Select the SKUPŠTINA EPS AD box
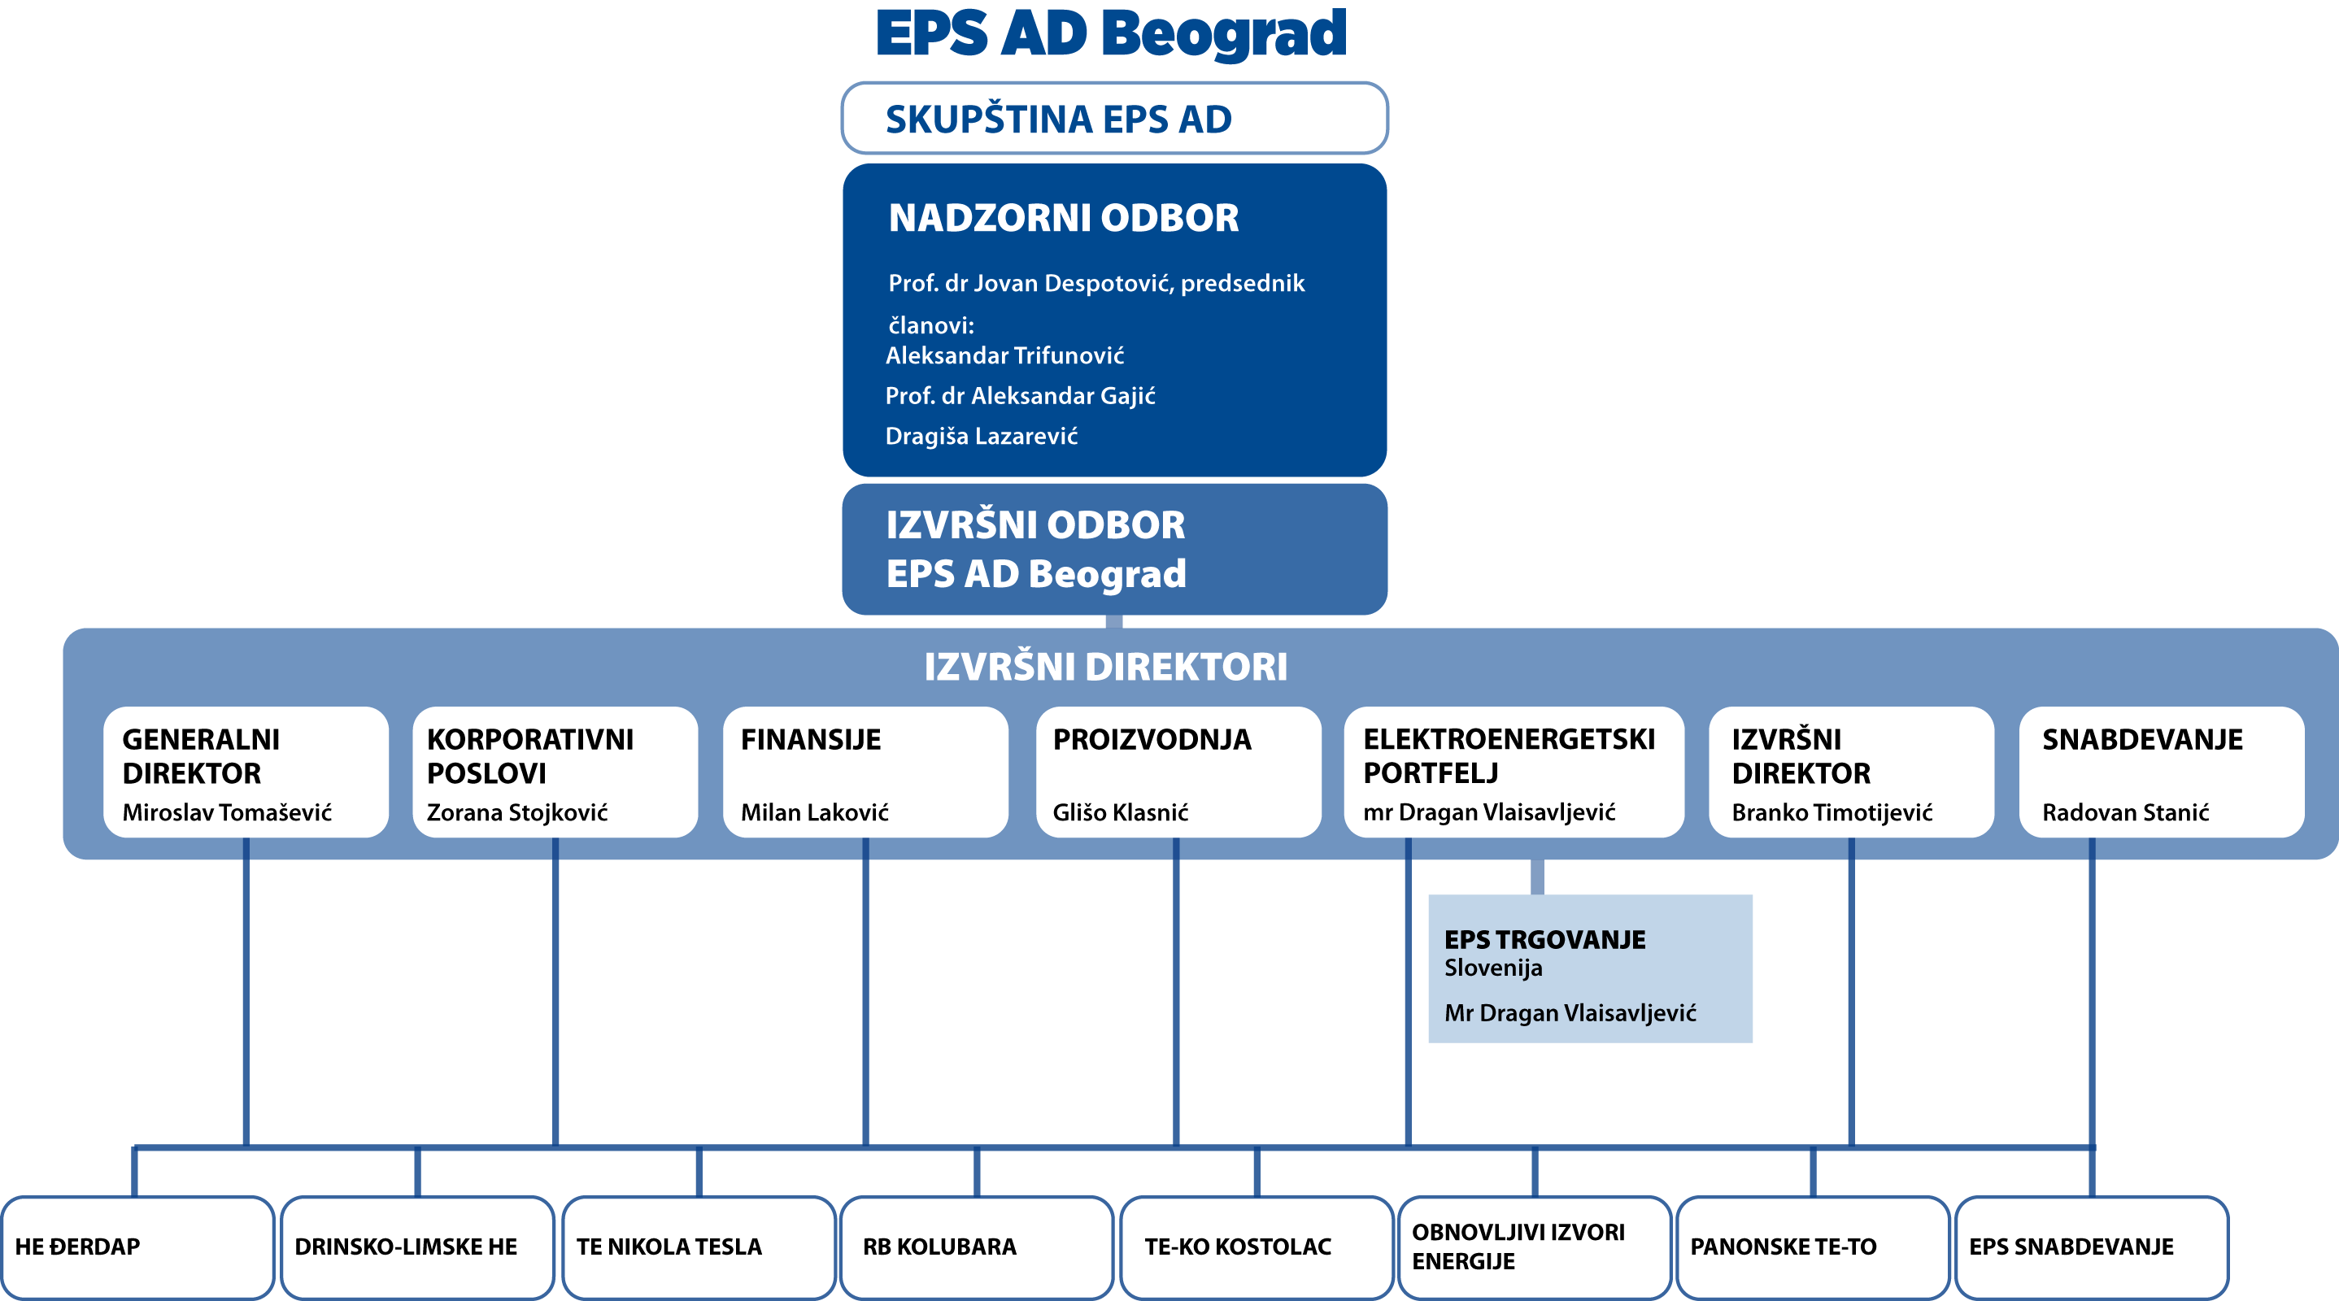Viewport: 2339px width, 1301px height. (1114, 118)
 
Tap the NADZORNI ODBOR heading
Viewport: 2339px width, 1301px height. (1063, 218)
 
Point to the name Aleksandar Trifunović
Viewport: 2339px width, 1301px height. (1004, 355)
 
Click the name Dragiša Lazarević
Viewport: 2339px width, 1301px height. (982, 436)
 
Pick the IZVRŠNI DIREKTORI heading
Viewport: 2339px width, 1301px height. (1105, 667)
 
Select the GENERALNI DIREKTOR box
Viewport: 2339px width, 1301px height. (246, 772)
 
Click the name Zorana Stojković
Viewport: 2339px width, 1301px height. (516, 811)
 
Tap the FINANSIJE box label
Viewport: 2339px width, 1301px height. (811, 739)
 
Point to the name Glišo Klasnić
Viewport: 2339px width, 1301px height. (1120, 811)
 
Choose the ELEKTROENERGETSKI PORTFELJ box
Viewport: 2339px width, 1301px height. (1514, 772)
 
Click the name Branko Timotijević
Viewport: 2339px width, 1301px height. (1832, 812)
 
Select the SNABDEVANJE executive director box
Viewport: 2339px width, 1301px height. (2161, 772)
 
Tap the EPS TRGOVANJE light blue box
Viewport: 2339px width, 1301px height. (1590, 968)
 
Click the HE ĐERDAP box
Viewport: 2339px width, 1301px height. (138, 1247)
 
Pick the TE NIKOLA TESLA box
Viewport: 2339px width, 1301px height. (699, 1247)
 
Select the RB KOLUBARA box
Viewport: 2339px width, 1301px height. (977, 1247)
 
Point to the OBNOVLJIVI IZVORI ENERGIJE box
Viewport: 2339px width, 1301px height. (1535, 1247)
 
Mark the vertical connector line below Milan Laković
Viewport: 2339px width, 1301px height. (865, 991)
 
